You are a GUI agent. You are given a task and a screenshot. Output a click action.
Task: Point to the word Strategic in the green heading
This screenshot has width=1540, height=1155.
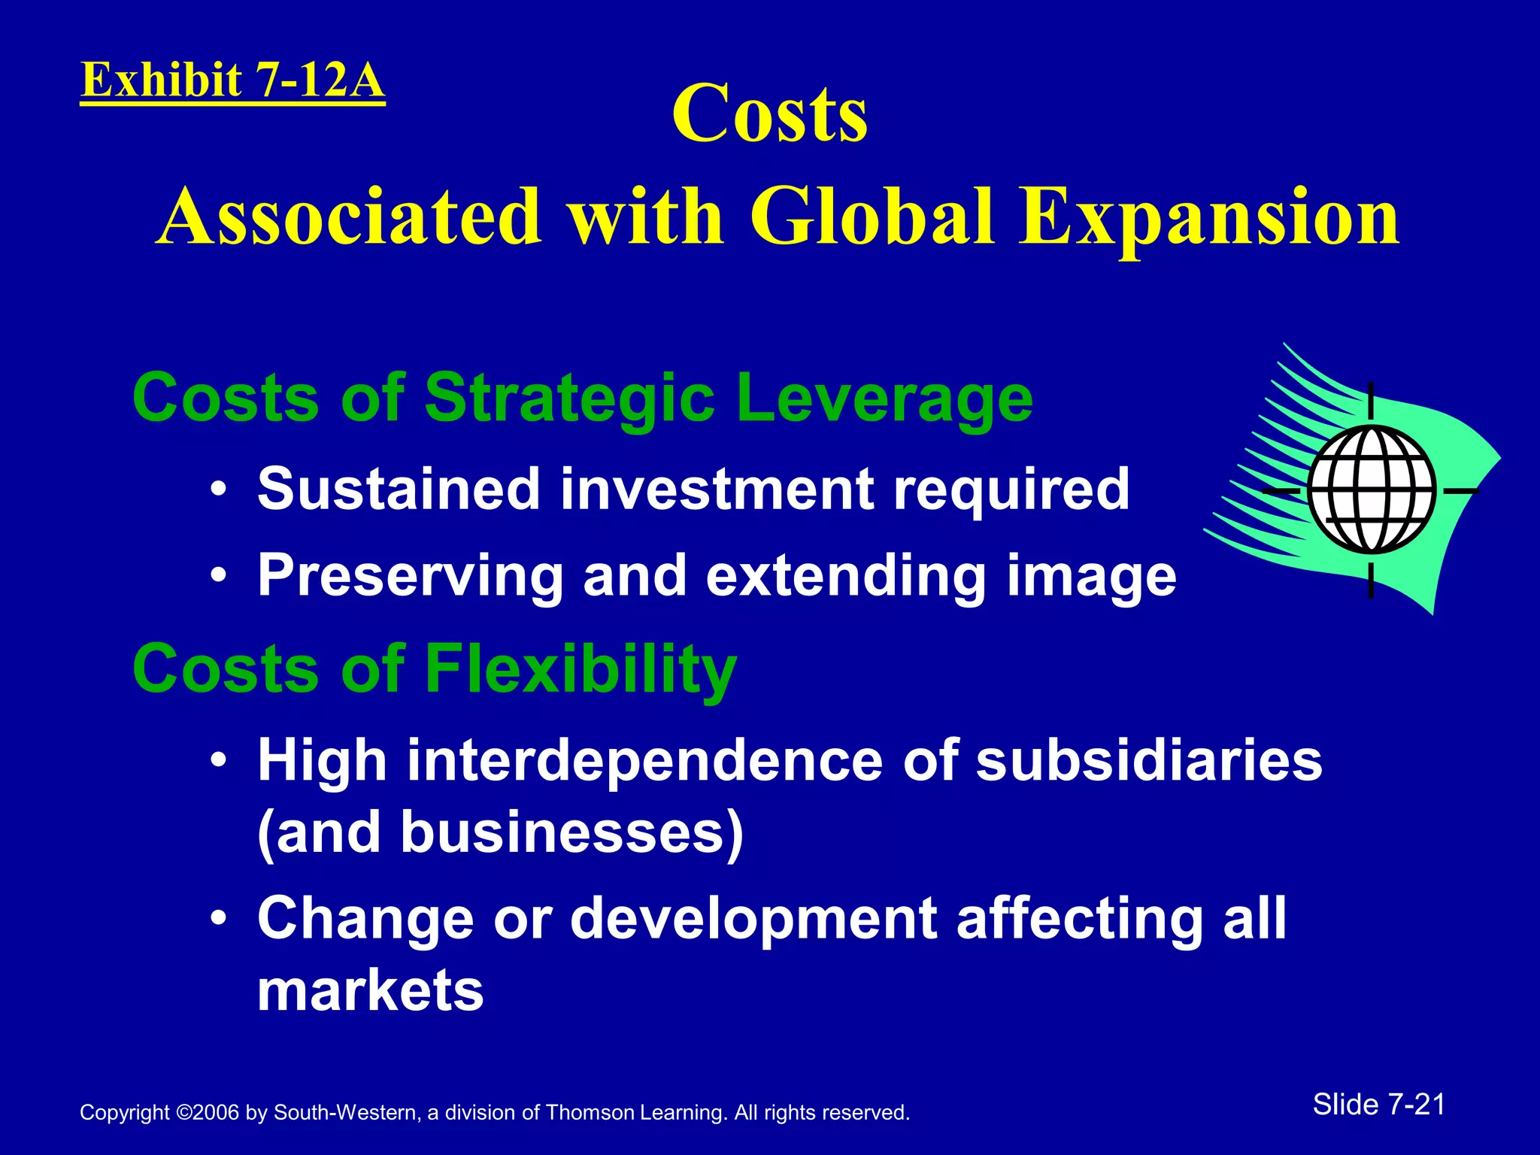569,399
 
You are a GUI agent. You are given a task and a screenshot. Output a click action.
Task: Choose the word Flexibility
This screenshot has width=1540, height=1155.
581,669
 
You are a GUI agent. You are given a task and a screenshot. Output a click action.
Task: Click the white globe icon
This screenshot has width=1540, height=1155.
1371,490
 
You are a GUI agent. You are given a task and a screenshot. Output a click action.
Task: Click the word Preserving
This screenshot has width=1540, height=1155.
410,576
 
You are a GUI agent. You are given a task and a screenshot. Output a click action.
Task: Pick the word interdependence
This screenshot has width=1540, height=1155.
645,760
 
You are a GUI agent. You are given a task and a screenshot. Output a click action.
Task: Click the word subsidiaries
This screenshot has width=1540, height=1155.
1149,760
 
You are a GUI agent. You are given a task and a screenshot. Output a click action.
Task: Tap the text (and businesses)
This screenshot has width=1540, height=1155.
500,832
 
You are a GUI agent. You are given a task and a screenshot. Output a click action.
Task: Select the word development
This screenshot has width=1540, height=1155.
753,919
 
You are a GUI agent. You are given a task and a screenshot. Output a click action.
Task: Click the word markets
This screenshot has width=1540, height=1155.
371,990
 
